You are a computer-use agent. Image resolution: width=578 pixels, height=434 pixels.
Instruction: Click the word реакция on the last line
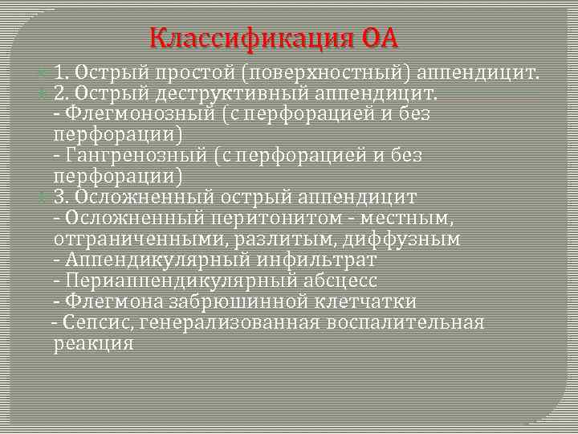pyautogui.click(x=93, y=343)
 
